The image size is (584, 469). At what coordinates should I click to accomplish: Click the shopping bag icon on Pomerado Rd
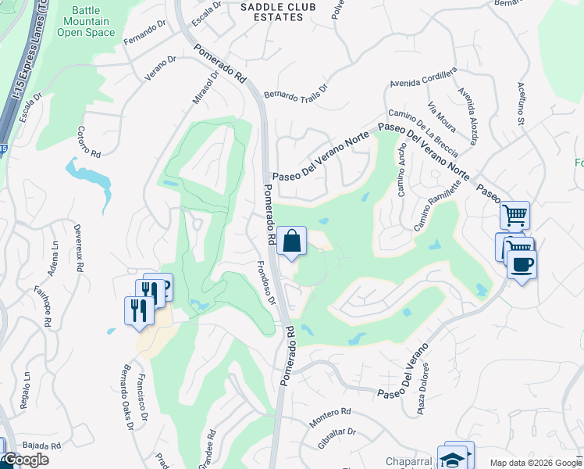(x=291, y=242)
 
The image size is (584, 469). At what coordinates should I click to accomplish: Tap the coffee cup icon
(x=521, y=263)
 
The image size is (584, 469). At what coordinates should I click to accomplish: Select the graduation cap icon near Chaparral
(x=453, y=458)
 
